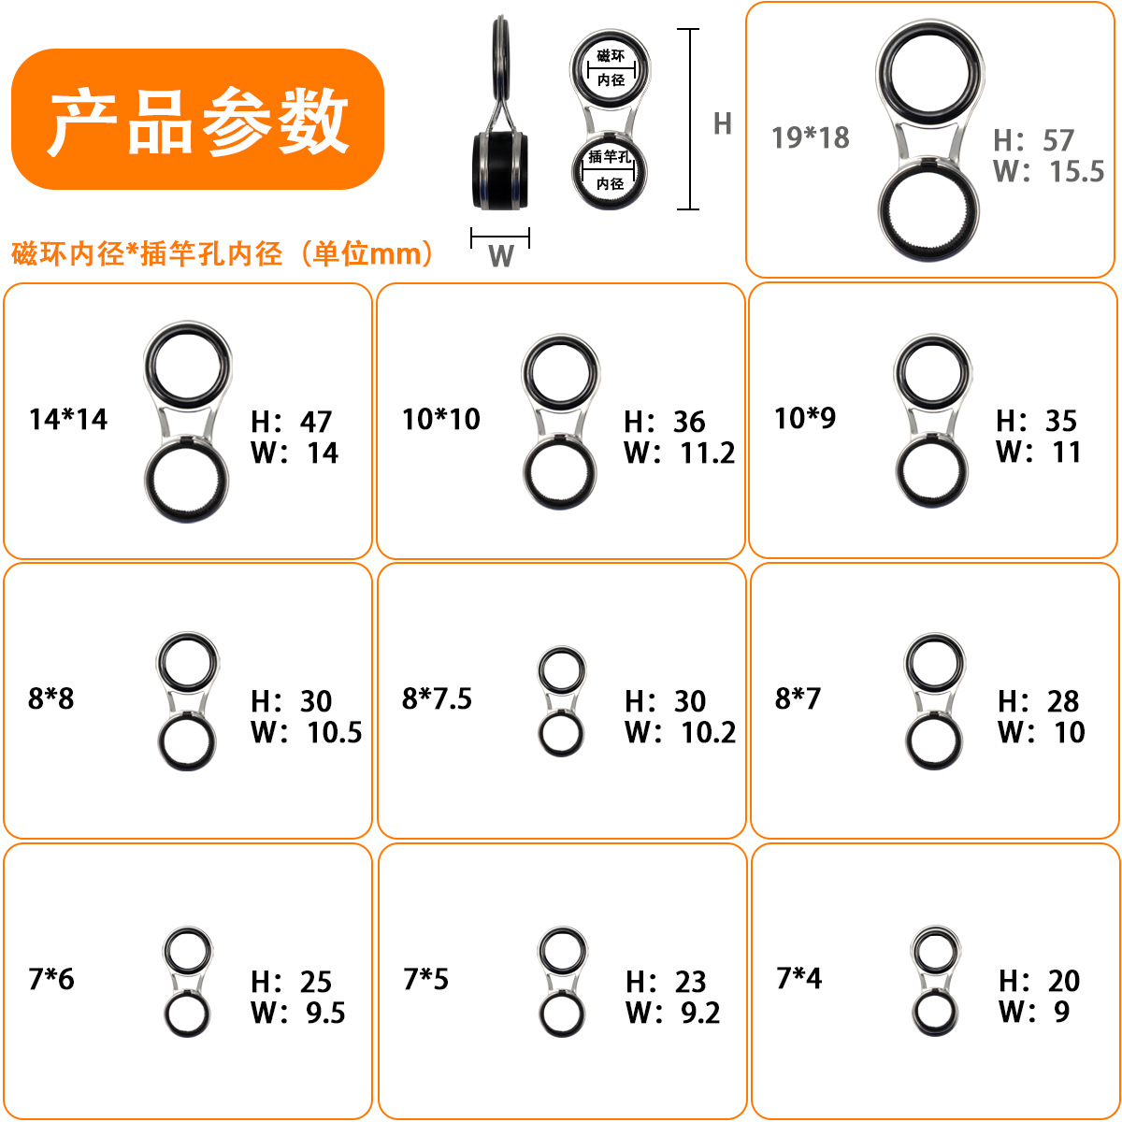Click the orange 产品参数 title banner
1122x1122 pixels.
[x=197, y=120]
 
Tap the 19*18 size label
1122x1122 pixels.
[x=810, y=137]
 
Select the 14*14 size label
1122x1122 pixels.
[x=68, y=419]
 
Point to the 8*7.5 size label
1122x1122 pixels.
[x=437, y=698]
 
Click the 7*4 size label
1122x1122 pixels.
[x=798, y=978]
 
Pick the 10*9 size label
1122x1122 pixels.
[x=804, y=418]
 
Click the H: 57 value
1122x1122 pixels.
[x=1033, y=140]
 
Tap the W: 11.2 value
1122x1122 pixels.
[x=679, y=453]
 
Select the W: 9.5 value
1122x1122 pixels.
[x=297, y=1013]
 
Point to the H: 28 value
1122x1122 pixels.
[x=1038, y=701]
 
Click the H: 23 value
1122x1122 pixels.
[x=666, y=982]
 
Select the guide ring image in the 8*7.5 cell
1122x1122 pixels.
[x=561, y=701]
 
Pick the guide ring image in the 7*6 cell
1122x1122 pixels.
[x=187, y=982]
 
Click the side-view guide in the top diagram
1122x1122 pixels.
[x=500, y=122]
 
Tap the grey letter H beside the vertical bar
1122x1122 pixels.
[x=722, y=123]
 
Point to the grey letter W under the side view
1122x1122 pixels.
[x=500, y=256]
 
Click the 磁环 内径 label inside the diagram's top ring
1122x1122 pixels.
[x=610, y=68]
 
